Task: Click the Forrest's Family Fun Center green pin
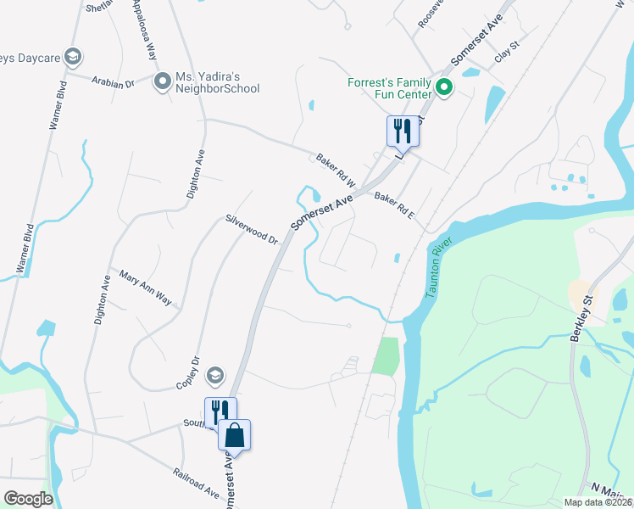point(442,87)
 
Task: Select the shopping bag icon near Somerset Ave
point(235,435)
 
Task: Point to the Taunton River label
point(439,267)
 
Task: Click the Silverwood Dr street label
point(252,229)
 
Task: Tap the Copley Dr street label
point(186,374)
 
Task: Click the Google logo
point(28,499)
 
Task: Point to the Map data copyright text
point(598,502)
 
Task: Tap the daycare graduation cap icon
point(73,57)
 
